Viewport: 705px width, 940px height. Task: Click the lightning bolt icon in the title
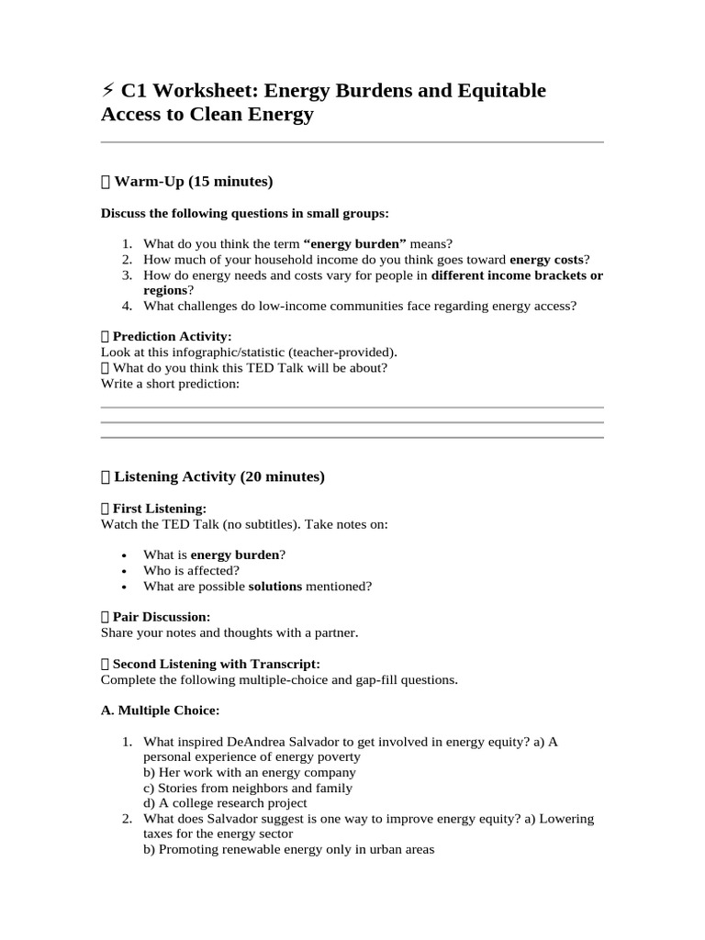click(107, 90)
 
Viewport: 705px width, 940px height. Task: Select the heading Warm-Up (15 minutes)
click(193, 182)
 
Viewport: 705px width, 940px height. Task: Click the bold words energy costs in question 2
click(546, 260)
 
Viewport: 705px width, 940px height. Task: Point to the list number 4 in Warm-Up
click(128, 307)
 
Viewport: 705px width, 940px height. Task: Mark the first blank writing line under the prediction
click(352, 408)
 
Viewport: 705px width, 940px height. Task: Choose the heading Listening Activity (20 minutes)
click(218, 477)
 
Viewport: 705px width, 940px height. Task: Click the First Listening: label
click(159, 509)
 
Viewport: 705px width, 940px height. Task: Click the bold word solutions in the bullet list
click(275, 587)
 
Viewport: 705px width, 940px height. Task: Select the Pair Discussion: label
click(161, 618)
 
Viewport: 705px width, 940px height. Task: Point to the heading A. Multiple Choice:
click(160, 711)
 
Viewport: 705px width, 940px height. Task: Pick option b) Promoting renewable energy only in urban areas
click(288, 850)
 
